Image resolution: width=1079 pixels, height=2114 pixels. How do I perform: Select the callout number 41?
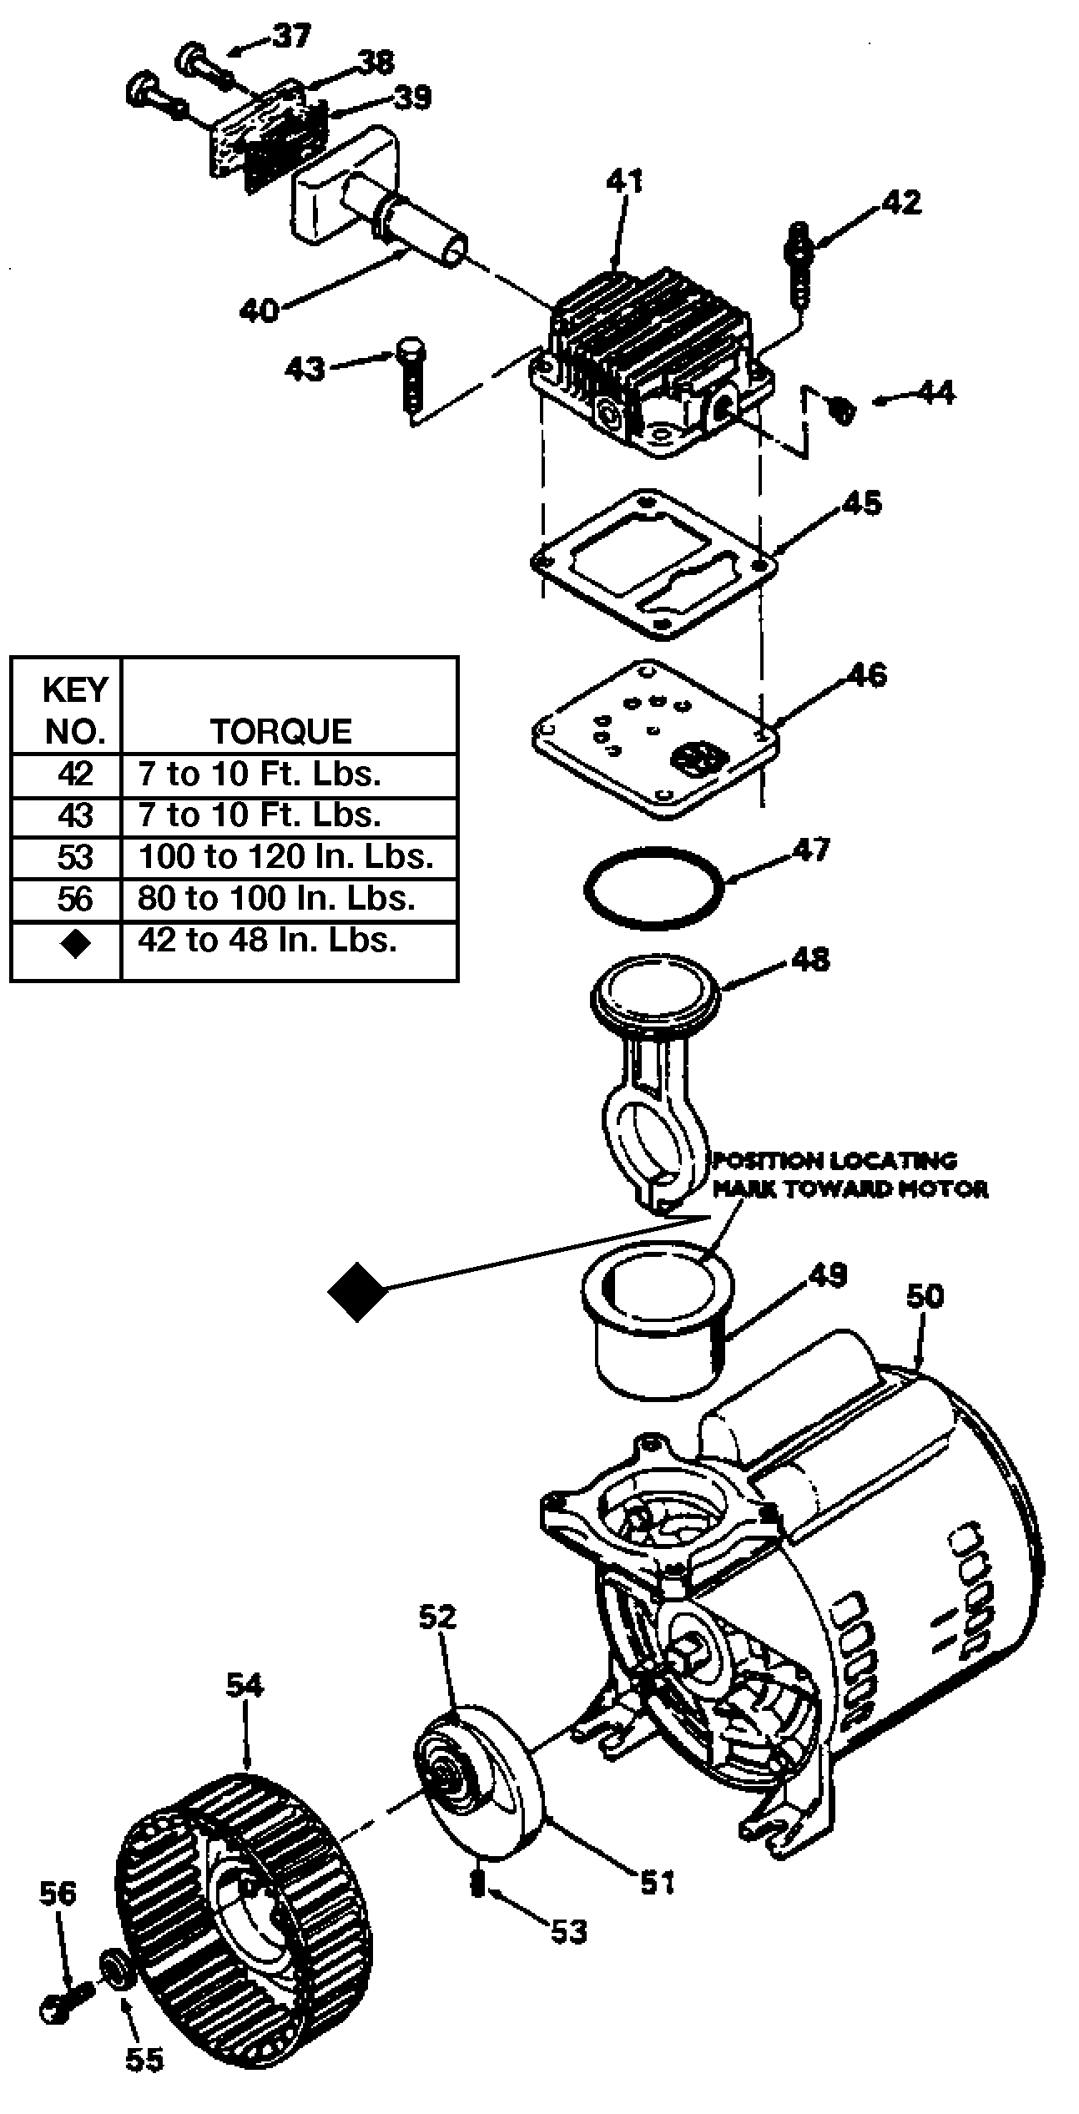pos(624,181)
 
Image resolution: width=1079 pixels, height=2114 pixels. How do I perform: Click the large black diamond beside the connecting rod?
pos(357,1291)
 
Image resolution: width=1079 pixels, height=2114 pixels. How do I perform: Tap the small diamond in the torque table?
pos(75,944)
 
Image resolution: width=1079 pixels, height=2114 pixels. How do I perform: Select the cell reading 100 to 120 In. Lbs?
pos(286,858)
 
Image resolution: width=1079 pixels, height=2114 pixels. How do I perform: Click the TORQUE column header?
pos(281,731)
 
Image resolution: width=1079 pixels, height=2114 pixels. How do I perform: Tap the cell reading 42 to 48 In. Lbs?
pos(267,941)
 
